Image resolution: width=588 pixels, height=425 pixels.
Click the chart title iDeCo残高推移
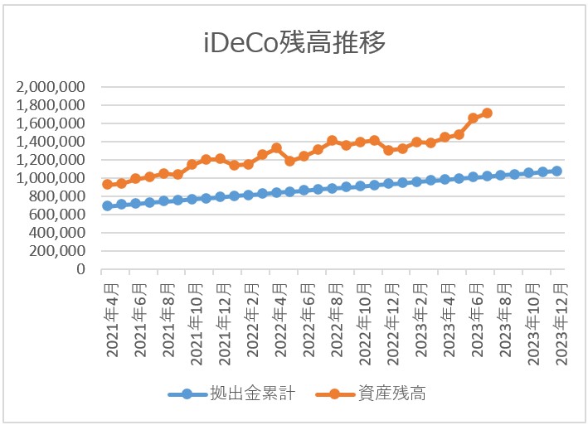pyautogui.click(x=294, y=43)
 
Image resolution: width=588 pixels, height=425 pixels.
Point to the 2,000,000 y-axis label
pyautogui.click(x=52, y=87)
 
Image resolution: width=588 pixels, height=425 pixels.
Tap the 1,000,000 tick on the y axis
pyautogui.click(x=52, y=178)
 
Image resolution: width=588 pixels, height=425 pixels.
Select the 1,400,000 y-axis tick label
pyautogui.click(x=52, y=142)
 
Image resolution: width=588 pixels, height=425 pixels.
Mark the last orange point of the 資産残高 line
pyautogui.click(x=487, y=113)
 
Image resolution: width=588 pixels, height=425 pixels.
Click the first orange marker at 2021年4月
pyautogui.click(x=107, y=185)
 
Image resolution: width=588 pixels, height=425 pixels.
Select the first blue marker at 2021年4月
pyautogui.click(x=107, y=205)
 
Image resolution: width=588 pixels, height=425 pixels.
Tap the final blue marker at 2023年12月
pyautogui.click(x=556, y=171)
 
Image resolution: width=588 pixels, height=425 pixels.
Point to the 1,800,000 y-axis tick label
pyautogui.click(x=52, y=105)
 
